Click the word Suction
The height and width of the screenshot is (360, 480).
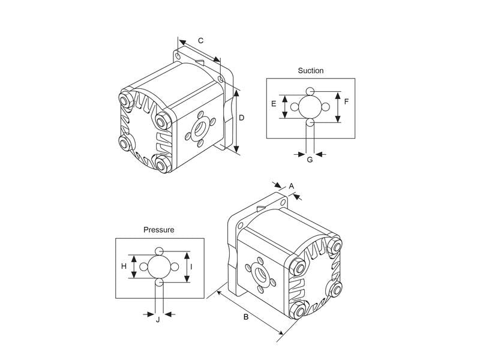tap(311, 71)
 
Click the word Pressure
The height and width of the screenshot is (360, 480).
tap(159, 230)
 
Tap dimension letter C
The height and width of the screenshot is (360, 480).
tap(200, 41)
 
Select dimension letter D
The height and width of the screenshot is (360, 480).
tap(242, 118)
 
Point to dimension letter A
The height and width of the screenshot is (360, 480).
tap(292, 186)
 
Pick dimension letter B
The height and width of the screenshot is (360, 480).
tap(246, 317)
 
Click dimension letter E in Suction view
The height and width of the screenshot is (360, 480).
tap(274, 104)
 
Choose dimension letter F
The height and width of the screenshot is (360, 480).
tap(346, 101)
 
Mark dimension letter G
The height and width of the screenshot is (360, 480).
tap(310, 160)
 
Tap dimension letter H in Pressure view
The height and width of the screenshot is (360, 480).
tap(124, 266)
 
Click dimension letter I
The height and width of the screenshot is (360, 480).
tap(191, 267)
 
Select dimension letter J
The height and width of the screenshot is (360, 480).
tap(158, 320)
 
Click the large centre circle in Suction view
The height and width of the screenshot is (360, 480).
tap(310, 107)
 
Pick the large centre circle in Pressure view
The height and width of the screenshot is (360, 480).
tap(159, 266)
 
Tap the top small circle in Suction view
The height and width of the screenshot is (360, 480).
tap(310, 91)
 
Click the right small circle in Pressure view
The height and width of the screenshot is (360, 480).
tap(175, 267)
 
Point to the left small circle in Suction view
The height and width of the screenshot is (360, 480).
tap(295, 107)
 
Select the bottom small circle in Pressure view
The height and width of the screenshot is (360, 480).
tap(159, 282)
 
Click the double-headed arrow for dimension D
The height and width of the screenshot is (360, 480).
tap(236, 122)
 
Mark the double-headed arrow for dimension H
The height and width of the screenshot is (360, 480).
tap(134, 266)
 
